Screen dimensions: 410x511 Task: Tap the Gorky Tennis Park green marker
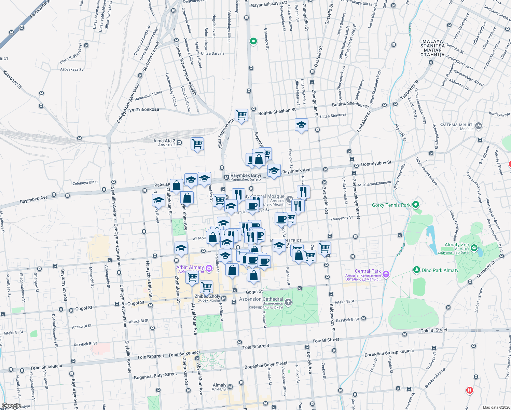coord(416,205)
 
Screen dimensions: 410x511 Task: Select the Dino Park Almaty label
coord(440,270)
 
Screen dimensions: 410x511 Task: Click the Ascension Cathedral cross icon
coord(288,302)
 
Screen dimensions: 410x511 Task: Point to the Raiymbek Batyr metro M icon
coord(226,177)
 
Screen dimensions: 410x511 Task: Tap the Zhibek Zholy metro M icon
coord(224,298)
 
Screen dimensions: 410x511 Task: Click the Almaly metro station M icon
coord(230,387)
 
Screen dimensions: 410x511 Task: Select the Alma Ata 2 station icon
coord(179,142)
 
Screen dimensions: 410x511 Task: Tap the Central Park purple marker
coord(386,273)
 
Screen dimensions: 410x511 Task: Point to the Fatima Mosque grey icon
coord(479,126)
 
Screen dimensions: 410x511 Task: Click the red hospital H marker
coord(470,390)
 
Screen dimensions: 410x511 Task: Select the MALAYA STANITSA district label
coord(433,48)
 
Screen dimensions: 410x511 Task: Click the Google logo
coord(11,406)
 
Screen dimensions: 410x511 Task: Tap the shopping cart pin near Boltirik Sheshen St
coord(241,115)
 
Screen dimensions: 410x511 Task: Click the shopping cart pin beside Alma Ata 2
coord(197,143)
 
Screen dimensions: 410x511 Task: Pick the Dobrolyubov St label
coord(376,163)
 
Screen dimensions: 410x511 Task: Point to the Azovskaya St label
coord(71,69)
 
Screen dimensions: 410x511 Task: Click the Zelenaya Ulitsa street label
coord(85,183)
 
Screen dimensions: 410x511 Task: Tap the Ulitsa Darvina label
coord(212,53)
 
